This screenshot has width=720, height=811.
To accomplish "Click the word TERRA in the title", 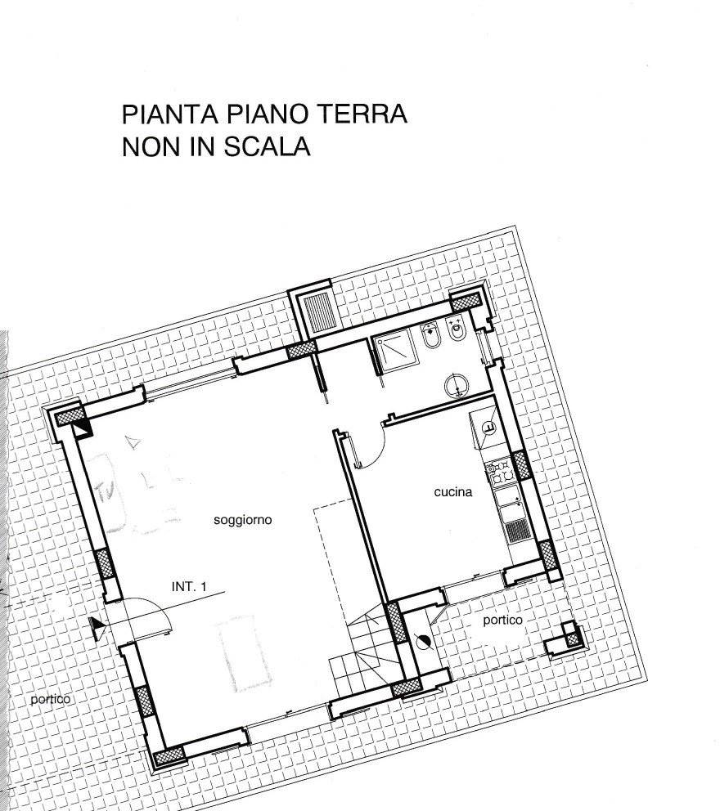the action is pyautogui.click(x=362, y=114).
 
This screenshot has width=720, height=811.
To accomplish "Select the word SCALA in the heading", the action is pyautogui.click(x=267, y=147).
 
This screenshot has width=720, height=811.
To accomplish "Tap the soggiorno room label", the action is pyautogui.click(x=243, y=520).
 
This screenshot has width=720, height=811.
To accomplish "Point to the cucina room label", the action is pyautogui.click(x=453, y=492).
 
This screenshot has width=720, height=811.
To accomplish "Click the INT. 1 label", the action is pyautogui.click(x=189, y=587).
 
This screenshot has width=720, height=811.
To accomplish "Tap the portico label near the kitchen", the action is pyautogui.click(x=502, y=621).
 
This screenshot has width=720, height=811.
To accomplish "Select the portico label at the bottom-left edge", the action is pyautogui.click(x=50, y=700).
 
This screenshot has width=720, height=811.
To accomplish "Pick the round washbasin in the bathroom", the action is pyautogui.click(x=457, y=386).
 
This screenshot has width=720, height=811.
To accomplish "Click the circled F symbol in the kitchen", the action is pyautogui.click(x=488, y=428).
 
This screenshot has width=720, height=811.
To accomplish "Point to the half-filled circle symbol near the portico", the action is pyautogui.click(x=424, y=643).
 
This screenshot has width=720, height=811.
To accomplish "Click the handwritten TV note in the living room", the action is pyautogui.click(x=106, y=489).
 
